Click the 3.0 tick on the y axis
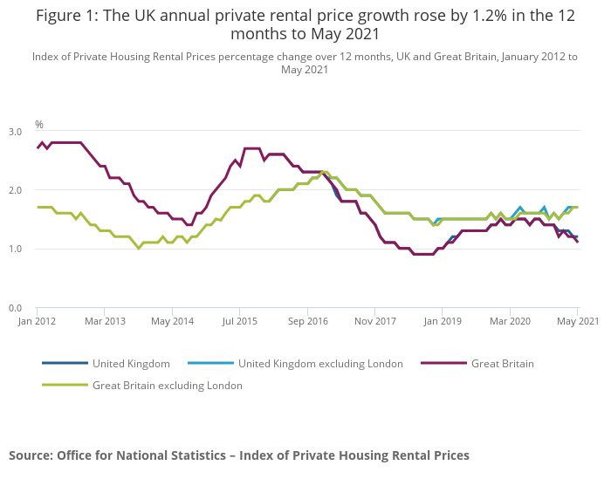coord(16,131)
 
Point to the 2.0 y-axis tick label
coord(16,190)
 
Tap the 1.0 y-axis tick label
coord(16,249)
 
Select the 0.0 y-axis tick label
coord(16,308)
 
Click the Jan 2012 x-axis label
coord(37,321)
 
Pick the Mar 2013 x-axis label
coord(104,321)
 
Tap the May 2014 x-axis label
coord(172,321)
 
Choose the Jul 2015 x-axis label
coord(239,321)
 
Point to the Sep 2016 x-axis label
coord(306,321)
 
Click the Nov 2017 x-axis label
coord(374,321)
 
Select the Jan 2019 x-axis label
coord(442,321)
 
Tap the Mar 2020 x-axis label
coord(509,321)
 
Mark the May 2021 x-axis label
coord(577,321)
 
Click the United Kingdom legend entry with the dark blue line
coord(131,363)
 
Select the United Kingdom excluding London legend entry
coord(320,363)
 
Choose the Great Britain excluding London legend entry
coord(167,385)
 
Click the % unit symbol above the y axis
coord(38,125)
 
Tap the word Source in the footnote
coord(31,455)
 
